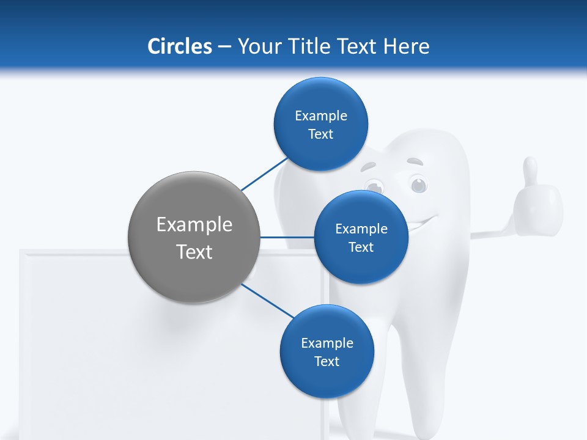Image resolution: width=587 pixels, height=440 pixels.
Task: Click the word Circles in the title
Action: [x=179, y=46]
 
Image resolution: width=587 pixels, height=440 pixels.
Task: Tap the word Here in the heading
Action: [x=407, y=46]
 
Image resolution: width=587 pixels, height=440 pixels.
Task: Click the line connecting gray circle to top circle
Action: [x=264, y=174]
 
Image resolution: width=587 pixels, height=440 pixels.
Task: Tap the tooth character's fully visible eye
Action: [x=418, y=183]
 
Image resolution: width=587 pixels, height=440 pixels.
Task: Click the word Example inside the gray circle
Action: [x=194, y=225]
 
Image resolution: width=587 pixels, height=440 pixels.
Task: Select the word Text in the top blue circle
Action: [x=320, y=134]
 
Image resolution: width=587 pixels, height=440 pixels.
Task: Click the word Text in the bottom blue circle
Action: [x=327, y=362]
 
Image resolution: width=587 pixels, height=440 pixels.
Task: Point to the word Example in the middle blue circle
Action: [x=361, y=229]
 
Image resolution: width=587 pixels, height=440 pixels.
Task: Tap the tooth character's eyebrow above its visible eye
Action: [x=415, y=163]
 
